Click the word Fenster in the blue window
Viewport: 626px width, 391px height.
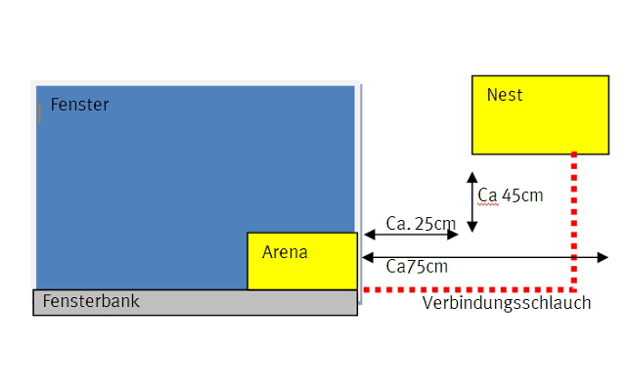click(x=79, y=105)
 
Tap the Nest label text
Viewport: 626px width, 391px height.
click(x=505, y=95)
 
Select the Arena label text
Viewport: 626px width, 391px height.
click(x=285, y=252)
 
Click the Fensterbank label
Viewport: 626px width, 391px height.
click(x=91, y=301)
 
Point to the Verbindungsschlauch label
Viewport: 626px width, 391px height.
click(x=507, y=303)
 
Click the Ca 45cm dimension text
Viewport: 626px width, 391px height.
click(x=511, y=195)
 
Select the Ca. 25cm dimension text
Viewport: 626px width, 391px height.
click(x=421, y=223)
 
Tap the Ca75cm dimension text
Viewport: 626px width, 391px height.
click(x=417, y=266)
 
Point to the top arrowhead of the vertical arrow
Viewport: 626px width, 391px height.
click(x=471, y=177)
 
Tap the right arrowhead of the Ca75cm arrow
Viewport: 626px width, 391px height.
click(x=603, y=258)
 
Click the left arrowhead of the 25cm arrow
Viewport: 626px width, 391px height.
click(x=368, y=235)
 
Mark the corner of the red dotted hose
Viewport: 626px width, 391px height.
click(x=573, y=289)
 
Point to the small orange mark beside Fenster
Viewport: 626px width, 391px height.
click(x=39, y=114)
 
